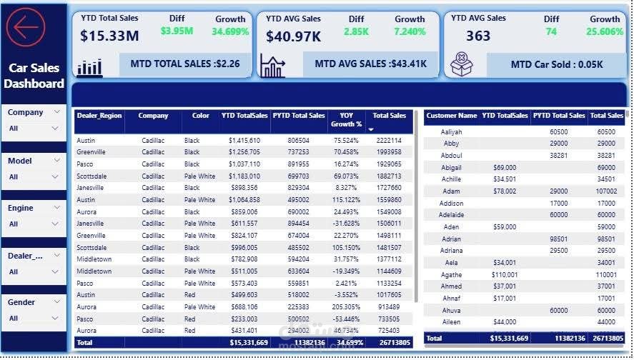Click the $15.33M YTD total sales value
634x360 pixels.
coord(109,35)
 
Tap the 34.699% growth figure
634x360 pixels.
coord(230,31)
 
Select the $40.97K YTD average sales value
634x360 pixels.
coord(294,36)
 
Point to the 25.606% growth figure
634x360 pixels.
coord(605,32)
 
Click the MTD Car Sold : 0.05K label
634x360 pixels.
coord(557,64)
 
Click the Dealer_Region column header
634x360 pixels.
coord(99,116)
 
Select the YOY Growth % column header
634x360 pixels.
coord(346,120)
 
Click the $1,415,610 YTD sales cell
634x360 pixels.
coord(244,141)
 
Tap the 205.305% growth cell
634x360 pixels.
coord(346,307)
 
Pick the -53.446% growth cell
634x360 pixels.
coord(346,319)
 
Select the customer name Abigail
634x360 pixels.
coord(452,167)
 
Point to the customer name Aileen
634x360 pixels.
coord(452,323)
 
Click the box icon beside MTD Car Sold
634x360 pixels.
coord(462,65)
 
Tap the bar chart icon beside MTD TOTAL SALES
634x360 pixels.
coord(90,66)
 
